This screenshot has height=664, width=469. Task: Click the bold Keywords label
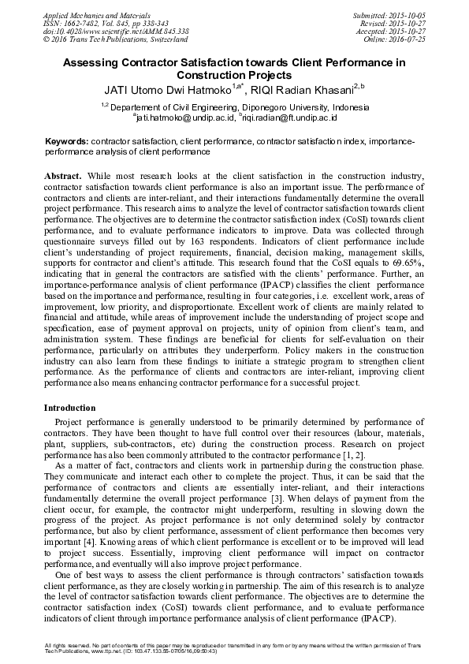pos(66,140)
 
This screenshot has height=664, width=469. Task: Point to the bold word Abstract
pos(61,172)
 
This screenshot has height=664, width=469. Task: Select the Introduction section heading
pos(69,408)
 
